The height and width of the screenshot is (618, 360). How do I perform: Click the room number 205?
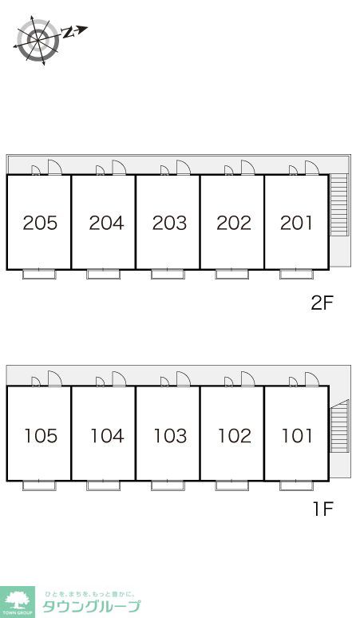[x=40, y=223]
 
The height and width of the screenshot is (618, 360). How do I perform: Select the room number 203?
[x=169, y=223]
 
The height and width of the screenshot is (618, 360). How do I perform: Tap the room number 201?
[x=296, y=223]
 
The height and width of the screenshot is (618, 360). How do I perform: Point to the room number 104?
[x=107, y=436]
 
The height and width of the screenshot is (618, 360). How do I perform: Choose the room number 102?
[x=235, y=436]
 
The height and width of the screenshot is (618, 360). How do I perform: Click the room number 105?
[x=41, y=436]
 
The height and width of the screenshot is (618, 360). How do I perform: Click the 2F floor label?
[x=322, y=303]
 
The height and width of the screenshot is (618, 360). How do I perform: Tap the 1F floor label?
[x=323, y=509]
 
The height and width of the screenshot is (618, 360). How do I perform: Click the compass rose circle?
[x=38, y=40]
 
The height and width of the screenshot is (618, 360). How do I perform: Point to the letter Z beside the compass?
[x=68, y=33]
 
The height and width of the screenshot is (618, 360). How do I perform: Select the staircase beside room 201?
[x=339, y=204]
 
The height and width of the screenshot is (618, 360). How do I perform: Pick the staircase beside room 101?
[x=340, y=426]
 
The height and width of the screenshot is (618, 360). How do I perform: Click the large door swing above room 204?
[x=119, y=167]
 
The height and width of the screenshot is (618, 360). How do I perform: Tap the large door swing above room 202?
[x=247, y=167]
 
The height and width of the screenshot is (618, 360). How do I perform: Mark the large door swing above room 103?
[x=183, y=378]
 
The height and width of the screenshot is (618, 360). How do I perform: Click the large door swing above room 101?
[x=312, y=378]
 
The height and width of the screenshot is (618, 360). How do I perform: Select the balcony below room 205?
[x=39, y=275]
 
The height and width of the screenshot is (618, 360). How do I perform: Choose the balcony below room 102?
[x=232, y=485]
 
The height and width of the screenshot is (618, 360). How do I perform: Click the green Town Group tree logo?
[x=18, y=602]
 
